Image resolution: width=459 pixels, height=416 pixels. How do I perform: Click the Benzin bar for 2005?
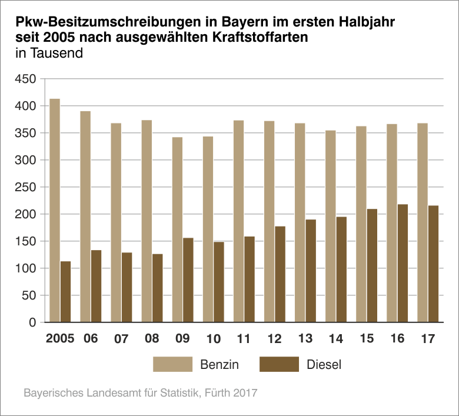click(55, 211)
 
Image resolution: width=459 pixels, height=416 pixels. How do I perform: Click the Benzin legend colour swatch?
click(172, 364)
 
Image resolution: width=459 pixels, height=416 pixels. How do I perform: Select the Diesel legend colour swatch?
click(278, 364)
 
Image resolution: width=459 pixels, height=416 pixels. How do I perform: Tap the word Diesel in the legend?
click(324, 365)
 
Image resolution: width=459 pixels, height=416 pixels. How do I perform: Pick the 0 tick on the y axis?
click(33, 322)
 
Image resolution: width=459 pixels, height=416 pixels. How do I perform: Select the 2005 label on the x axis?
click(60, 340)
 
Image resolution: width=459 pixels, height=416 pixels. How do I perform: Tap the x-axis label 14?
click(336, 340)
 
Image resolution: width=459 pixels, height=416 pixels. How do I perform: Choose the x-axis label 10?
click(213, 340)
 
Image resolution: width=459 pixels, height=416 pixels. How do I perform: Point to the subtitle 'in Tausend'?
click(49, 52)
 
